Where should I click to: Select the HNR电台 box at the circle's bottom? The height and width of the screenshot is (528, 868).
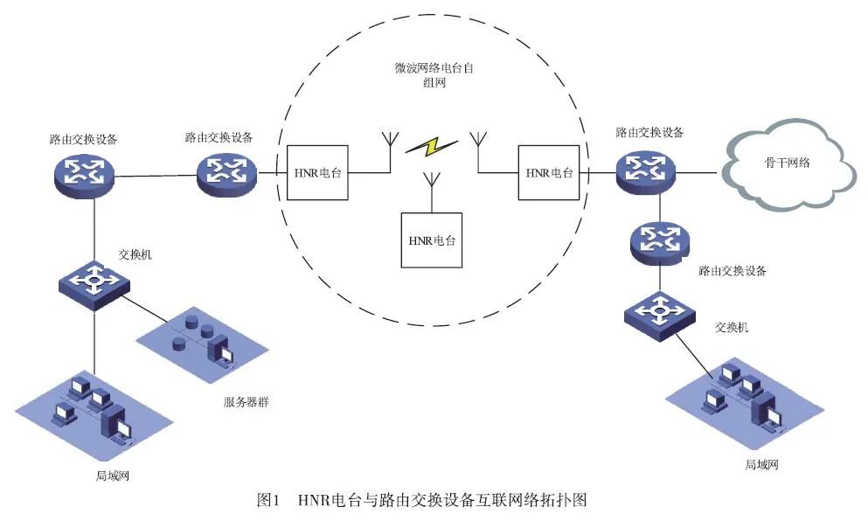coord(432,239)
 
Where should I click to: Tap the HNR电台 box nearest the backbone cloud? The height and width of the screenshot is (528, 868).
coord(549,172)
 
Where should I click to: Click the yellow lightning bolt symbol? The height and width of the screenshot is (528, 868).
coord(432,147)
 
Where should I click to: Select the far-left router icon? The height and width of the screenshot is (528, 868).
coord(83,172)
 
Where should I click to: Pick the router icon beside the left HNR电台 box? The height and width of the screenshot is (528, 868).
coord(226,170)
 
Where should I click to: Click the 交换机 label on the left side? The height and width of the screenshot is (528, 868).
coord(135,255)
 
